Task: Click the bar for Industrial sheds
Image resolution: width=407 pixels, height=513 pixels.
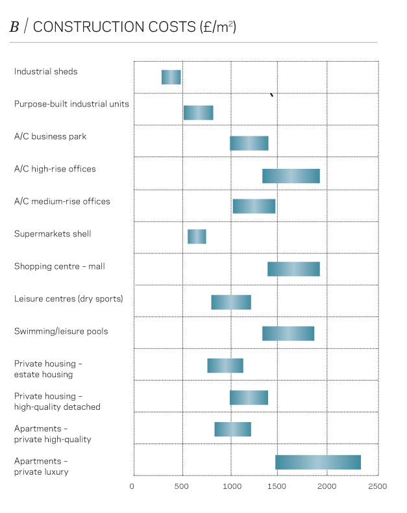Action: pyautogui.click(x=171, y=77)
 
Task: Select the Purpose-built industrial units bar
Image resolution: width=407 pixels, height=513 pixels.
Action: pyautogui.click(x=198, y=112)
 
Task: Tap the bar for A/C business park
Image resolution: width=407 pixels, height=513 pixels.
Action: pyautogui.click(x=249, y=144)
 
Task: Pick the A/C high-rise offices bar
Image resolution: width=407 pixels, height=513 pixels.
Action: pyautogui.click(x=291, y=176)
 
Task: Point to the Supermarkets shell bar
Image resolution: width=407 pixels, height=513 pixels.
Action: pyautogui.click(x=197, y=236)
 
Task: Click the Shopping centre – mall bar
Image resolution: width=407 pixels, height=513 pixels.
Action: pyautogui.click(x=293, y=269)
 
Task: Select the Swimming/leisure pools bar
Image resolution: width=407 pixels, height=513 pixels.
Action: pyautogui.click(x=288, y=333)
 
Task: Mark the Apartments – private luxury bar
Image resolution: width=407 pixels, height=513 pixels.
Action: pyautogui.click(x=318, y=462)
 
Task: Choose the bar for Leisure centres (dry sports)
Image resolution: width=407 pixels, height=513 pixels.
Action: pyautogui.click(x=231, y=302)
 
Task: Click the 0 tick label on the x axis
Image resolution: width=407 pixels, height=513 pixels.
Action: pyautogui.click(x=132, y=486)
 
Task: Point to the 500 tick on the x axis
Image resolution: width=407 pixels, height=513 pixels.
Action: pyautogui.click(x=182, y=486)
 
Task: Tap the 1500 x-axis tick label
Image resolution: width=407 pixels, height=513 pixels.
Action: pyautogui.click(x=278, y=486)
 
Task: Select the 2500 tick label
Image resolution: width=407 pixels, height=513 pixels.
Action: pyautogui.click(x=377, y=486)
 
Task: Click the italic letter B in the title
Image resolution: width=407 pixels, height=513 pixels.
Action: pyautogui.click(x=14, y=27)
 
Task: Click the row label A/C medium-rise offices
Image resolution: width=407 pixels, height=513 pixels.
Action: pyautogui.click(x=62, y=201)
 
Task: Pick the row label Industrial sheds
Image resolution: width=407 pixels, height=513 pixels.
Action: pyautogui.click(x=45, y=71)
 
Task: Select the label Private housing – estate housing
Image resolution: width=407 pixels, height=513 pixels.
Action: pyautogui.click(x=48, y=369)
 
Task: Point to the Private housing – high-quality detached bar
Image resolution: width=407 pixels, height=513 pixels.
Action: pyautogui.click(x=249, y=397)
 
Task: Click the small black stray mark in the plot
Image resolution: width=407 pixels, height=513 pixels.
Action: pyautogui.click(x=271, y=95)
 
